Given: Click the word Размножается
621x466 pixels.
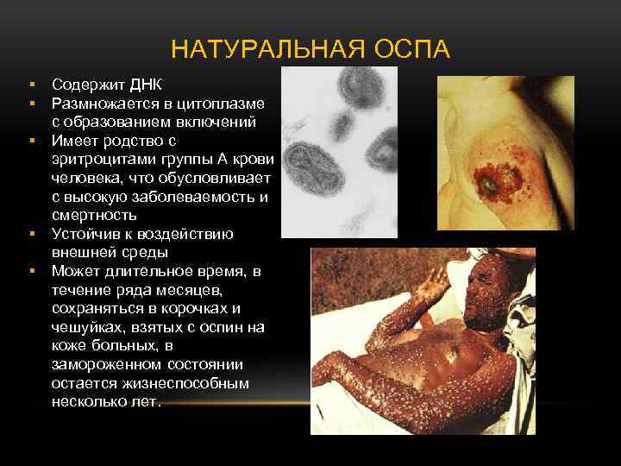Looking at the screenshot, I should [105, 103].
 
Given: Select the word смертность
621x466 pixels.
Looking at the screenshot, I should [94, 215].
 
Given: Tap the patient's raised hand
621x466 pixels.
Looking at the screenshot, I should [436, 276].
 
